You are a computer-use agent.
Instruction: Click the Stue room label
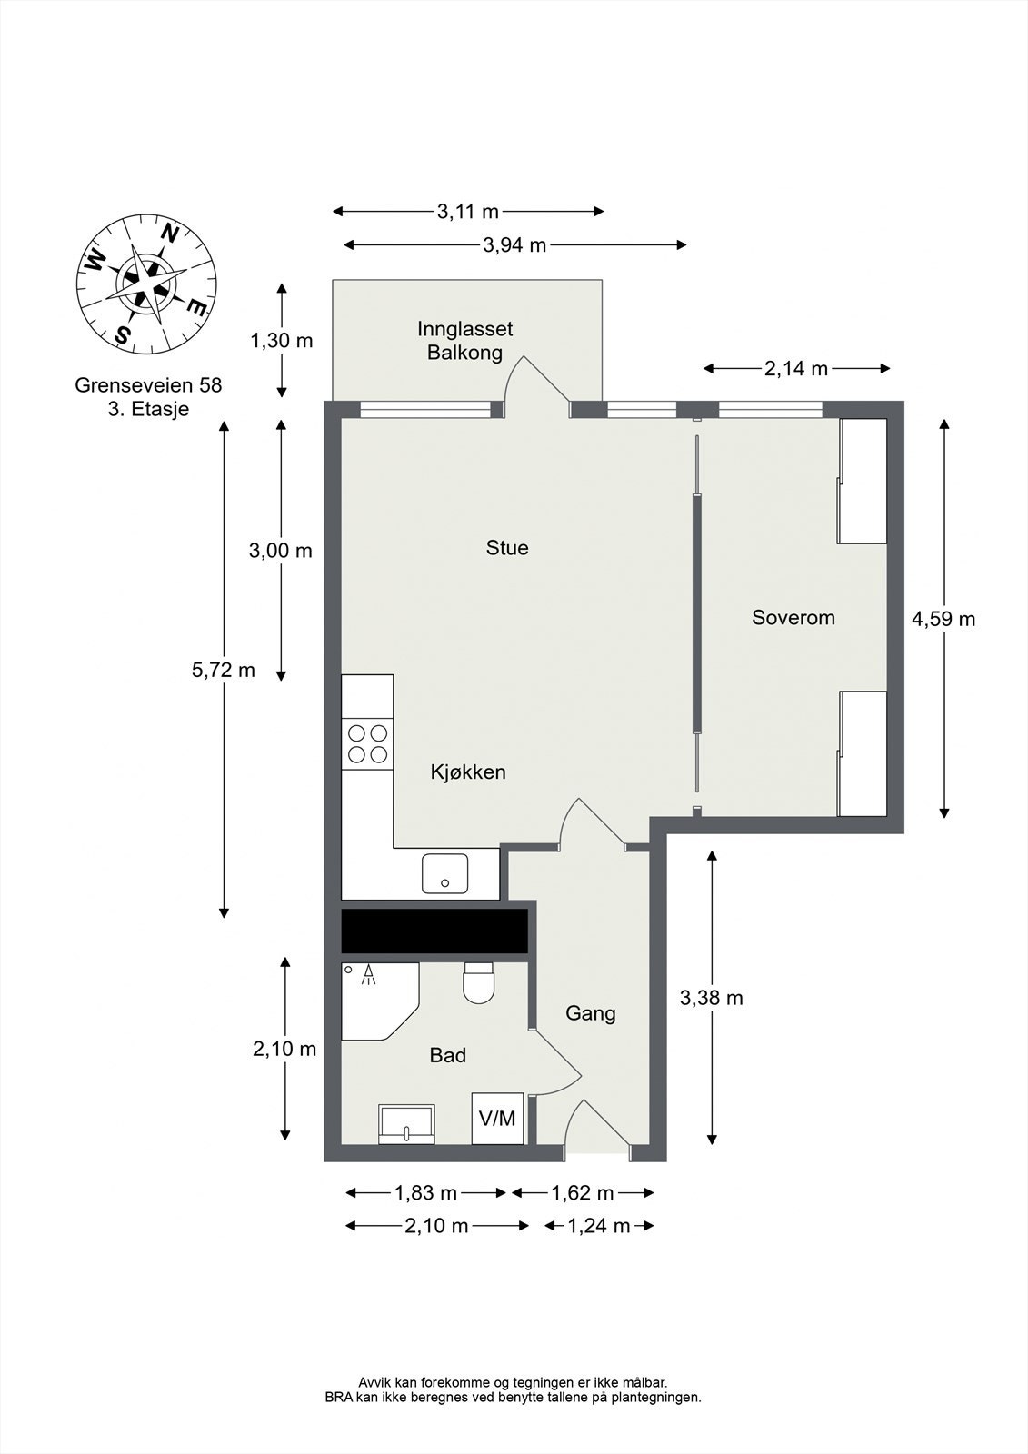coord(507,548)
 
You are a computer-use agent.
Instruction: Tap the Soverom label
coord(793,617)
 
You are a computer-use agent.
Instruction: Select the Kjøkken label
coord(468,772)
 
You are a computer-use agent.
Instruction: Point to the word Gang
coord(590,1013)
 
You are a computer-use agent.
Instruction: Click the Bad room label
coord(448,1055)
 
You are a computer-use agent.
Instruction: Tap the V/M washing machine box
coord(497,1119)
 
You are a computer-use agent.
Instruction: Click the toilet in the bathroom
coord(479,983)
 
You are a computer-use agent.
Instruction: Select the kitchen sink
coord(444,873)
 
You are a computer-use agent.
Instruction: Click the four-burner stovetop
coord(367,744)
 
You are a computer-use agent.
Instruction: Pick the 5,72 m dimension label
coord(224,670)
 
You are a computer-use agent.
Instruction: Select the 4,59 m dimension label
coord(943,619)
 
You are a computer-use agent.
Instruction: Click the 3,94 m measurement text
coord(515,245)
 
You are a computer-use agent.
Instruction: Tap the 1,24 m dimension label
coord(598,1226)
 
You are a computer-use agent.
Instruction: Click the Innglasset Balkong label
coord(465,341)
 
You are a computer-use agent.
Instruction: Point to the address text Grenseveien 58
coord(149,385)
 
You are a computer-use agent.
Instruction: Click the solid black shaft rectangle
coord(434,931)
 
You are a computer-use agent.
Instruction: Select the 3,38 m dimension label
coord(711,999)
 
